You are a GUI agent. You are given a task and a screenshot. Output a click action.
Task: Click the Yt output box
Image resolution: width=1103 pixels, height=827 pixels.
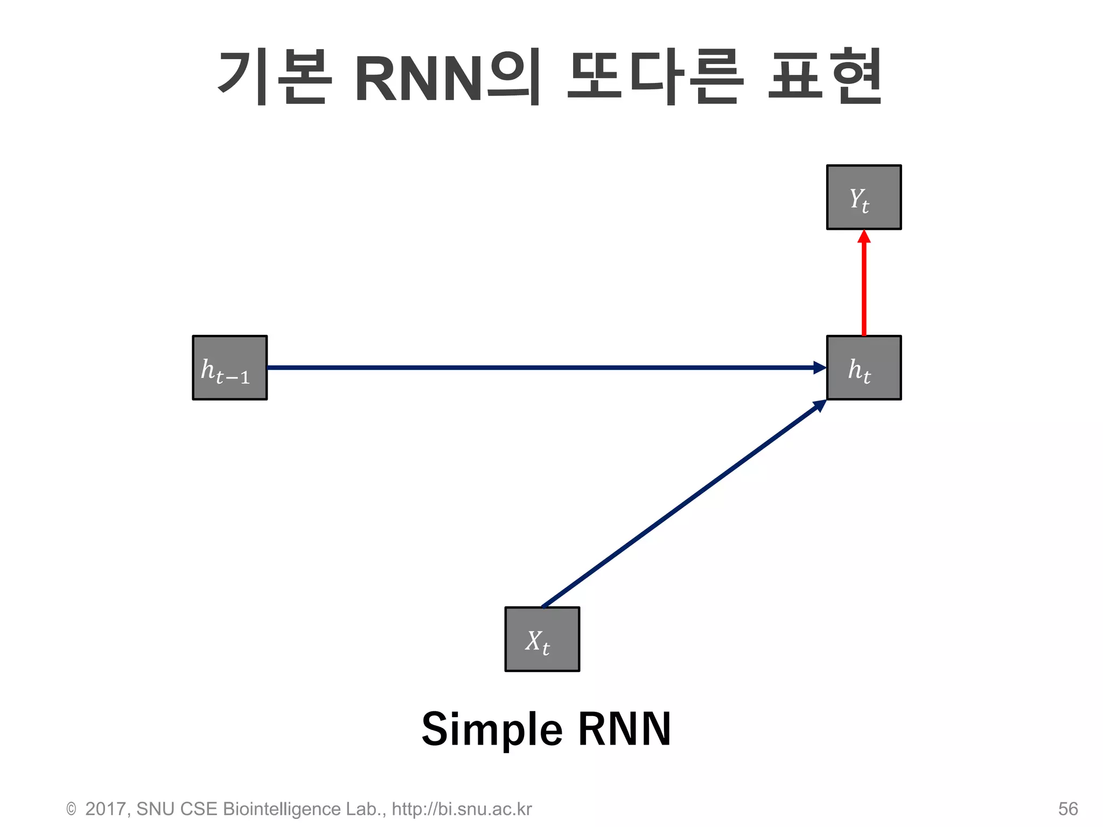(x=863, y=197)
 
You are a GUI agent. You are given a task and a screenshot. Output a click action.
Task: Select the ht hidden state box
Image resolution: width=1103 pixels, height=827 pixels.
(x=863, y=368)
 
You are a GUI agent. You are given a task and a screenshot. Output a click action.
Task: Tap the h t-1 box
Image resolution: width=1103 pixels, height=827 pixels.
(x=229, y=368)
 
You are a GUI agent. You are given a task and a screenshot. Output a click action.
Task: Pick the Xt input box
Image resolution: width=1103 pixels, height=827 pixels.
(x=542, y=639)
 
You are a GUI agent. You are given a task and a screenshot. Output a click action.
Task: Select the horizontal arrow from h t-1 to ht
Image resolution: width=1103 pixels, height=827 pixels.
(x=539, y=368)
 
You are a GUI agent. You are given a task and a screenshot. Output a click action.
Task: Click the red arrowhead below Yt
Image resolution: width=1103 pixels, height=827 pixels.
(x=864, y=237)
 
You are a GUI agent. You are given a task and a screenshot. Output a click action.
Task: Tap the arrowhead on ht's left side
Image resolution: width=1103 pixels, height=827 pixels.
(x=820, y=368)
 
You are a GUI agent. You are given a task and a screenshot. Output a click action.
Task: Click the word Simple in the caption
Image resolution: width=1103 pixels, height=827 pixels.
(x=492, y=730)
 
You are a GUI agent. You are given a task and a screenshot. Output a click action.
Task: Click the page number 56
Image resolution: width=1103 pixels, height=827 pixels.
(x=1067, y=809)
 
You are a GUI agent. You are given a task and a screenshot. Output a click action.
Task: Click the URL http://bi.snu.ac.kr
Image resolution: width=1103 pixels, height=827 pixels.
(x=462, y=809)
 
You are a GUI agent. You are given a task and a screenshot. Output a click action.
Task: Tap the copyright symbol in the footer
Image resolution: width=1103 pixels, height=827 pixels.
(x=71, y=809)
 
